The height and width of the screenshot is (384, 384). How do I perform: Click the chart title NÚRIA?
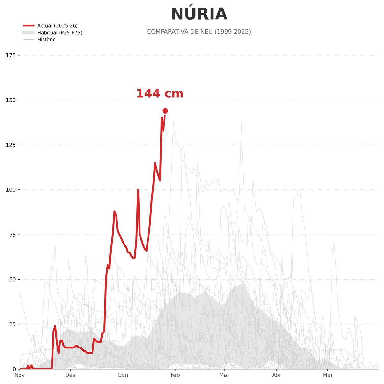(199, 14)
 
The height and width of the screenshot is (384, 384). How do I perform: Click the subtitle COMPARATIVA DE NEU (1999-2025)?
(199, 32)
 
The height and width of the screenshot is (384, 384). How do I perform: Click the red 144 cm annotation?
(160, 94)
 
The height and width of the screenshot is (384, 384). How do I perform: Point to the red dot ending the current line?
(165, 111)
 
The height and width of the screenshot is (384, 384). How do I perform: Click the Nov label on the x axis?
(20, 375)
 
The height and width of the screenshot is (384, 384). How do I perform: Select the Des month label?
(70, 375)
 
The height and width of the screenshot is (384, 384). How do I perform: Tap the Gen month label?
(123, 375)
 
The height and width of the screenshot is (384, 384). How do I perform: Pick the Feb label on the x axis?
(175, 375)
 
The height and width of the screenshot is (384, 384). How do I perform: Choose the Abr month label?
(276, 375)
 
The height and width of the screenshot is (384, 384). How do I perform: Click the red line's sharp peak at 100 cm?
(138, 190)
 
